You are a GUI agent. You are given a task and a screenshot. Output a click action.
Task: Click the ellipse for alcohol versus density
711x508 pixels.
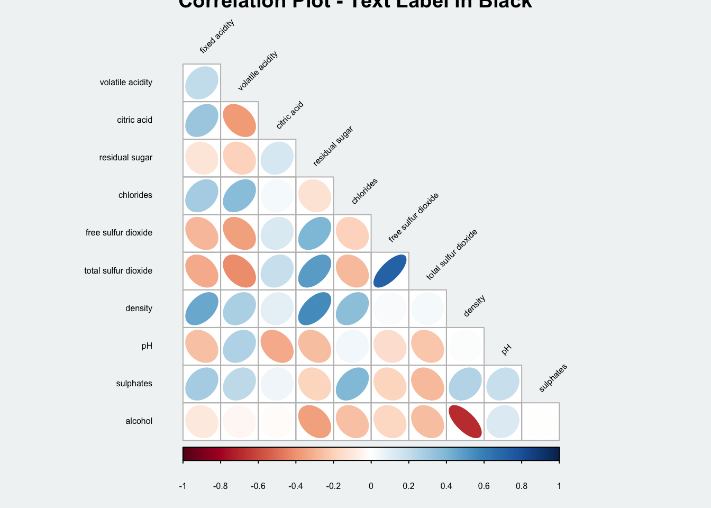click(466, 421)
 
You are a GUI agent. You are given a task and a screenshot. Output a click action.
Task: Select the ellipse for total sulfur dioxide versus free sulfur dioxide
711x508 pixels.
click(390, 271)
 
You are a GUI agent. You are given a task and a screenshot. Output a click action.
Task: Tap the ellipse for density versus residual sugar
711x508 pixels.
click(315, 309)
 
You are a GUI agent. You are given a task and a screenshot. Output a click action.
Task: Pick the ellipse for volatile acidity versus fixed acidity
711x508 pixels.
click(202, 83)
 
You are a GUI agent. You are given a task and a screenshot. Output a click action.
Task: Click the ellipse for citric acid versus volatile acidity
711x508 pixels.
click(240, 120)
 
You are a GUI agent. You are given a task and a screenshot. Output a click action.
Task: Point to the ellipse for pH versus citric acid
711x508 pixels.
click(277, 346)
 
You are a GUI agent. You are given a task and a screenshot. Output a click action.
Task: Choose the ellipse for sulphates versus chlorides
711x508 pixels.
click(352, 384)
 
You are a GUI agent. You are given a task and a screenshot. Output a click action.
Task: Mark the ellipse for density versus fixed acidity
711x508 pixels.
click(202, 309)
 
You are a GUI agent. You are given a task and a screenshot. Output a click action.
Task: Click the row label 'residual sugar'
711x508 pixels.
click(126, 158)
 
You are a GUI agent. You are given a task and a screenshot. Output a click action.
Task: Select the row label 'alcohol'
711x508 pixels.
click(139, 421)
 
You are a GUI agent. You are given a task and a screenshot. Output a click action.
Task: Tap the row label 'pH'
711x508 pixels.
click(147, 346)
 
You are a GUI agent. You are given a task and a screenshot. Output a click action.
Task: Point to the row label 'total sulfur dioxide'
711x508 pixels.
click(118, 271)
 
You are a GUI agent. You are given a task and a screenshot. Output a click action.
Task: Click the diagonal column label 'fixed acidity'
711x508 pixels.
click(217, 37)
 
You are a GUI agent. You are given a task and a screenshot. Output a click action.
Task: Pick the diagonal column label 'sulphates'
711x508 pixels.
click(553, 378)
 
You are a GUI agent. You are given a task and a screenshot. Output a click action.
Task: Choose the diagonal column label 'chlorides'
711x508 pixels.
click(365, 191)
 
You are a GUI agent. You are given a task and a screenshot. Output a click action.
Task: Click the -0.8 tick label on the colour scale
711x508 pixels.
click(220, 486)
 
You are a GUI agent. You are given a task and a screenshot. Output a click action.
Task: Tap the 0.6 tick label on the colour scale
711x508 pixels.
click(484, 486)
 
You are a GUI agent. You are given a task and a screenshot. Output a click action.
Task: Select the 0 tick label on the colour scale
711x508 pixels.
click(371, 486)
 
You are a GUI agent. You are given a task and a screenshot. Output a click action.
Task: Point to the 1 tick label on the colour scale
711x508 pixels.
click(559, 486)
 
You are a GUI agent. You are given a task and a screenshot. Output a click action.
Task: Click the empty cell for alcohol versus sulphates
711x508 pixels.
click(541, 421)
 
